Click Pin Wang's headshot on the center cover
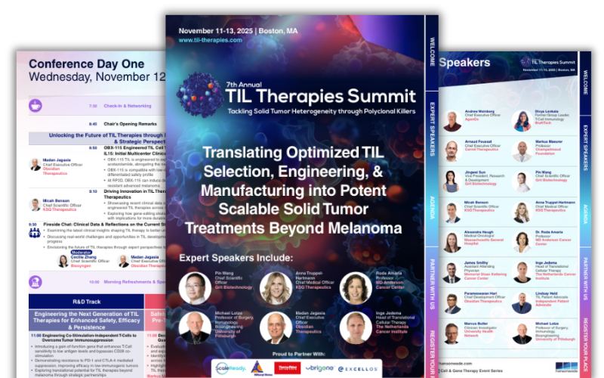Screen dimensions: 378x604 (195, 288)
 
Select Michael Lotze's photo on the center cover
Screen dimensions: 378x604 (195, 327)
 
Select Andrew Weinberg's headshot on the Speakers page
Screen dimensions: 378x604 (452, 121)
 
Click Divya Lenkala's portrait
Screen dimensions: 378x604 (522, 121)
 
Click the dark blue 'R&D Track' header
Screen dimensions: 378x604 (82, 300)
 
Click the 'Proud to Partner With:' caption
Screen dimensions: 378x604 (292, 352)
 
